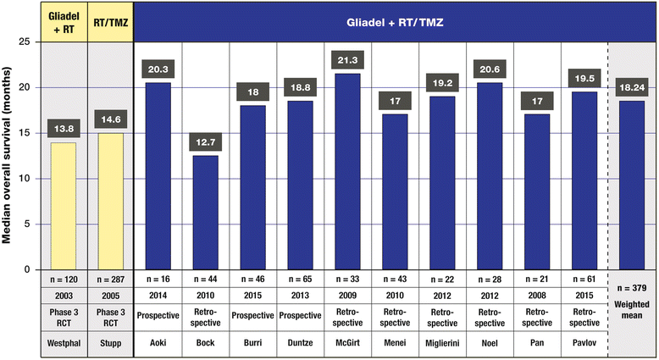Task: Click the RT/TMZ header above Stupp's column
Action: [x=111, y=14]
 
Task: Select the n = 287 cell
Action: [x=111, y=278]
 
